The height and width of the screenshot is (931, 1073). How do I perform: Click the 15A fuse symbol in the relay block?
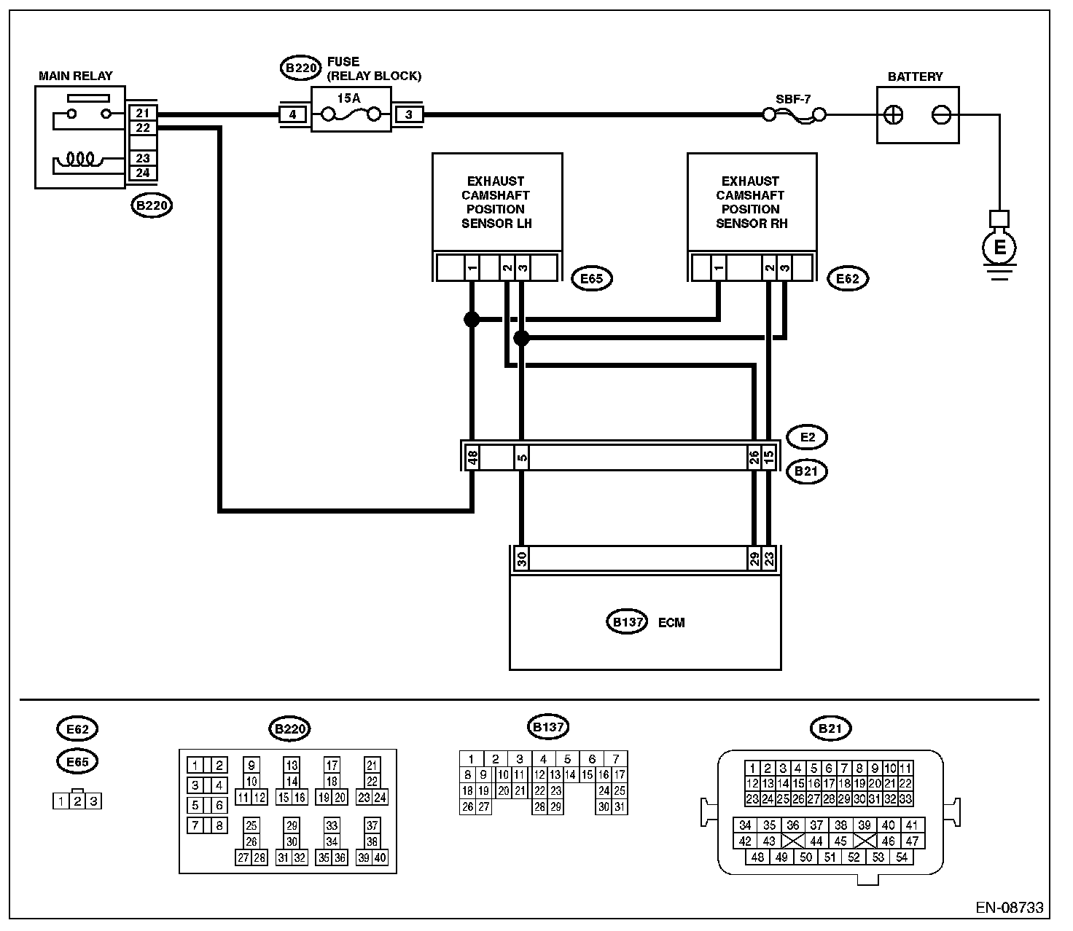(x=351, y=114)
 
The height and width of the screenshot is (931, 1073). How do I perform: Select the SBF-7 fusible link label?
(x=793, y=99)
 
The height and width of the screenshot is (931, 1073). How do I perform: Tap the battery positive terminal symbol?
(x=893, y=115)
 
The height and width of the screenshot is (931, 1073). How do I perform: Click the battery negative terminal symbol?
(x=941, y=115)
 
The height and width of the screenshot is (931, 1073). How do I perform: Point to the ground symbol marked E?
(x=999, y=247)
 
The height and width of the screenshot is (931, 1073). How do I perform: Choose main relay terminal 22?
(x=143, y=127)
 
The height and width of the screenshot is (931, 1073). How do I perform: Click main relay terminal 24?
(x=143, y=173)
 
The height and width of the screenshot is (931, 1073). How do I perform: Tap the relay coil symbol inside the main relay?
(x=82, y=160)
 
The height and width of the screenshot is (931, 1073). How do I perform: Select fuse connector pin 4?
(x=292, y=114)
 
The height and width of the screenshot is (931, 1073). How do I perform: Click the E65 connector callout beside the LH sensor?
(x=592, y=278)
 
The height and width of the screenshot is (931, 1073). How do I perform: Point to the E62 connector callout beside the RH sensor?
(x=848, y=278)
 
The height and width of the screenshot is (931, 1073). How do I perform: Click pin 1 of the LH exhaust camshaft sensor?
(x=472, y=268)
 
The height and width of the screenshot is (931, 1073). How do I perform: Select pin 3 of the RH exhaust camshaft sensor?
(x=784, y=268)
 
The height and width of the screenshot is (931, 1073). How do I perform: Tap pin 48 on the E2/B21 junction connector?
(x=472, y=457)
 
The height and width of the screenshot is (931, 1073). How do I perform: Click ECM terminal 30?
(x=521, y=559)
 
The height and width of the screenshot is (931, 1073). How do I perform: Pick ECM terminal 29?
(x=754, y=559)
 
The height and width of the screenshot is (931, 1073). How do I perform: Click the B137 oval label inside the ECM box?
(x=627, y=622)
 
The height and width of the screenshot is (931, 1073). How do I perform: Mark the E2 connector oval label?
(x=807, y=437)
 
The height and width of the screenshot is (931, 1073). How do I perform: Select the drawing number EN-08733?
(x=1010, y=908)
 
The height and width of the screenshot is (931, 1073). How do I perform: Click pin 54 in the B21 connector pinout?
(x=901, y=857)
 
